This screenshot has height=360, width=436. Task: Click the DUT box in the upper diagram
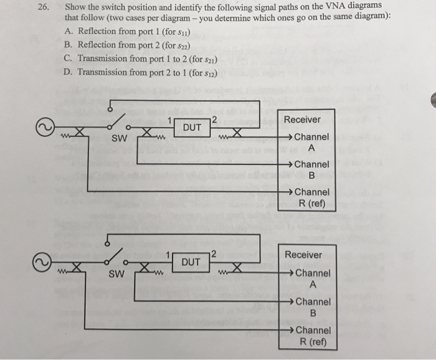(192, 128)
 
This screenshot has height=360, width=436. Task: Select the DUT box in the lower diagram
(192, 262)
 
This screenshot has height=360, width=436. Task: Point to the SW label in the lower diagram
(116, 274)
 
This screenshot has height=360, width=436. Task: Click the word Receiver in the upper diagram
(302, 120)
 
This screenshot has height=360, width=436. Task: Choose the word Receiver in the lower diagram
(303, 255)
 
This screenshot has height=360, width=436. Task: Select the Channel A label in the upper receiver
(311, 143)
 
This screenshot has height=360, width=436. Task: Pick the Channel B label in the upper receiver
(311, 169)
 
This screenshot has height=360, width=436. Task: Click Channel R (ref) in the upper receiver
(311, 197)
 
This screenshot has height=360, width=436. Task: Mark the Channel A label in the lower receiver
(312, 278)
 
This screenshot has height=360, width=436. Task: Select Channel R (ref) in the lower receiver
(312, 335)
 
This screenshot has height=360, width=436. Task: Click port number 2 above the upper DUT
(213, 120)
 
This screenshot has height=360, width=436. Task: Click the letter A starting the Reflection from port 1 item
(68, 31)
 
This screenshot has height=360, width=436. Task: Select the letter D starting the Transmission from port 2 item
(68, 72)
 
